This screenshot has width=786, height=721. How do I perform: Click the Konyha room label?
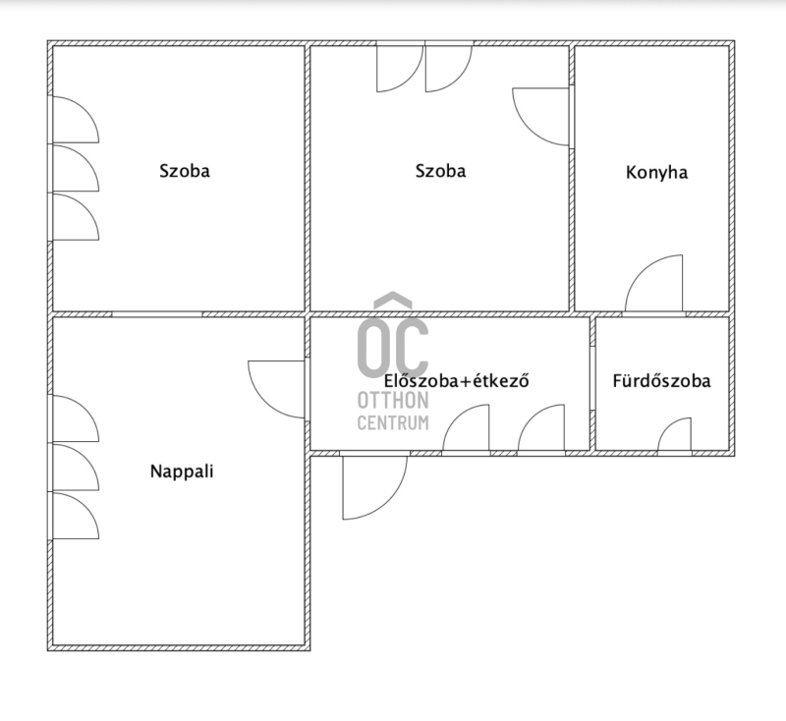point(656,172)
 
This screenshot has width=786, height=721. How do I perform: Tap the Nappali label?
point(182,471)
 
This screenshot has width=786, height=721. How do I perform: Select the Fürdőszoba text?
point(661,381)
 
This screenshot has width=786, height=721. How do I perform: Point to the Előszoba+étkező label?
point(456,381)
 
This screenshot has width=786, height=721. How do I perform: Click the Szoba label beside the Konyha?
point(440,171)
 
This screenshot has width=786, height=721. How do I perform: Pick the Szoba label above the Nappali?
point(185,171)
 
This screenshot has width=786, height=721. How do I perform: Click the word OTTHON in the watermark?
point(393,401)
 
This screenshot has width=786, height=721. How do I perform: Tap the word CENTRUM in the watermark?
point(393,422)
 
